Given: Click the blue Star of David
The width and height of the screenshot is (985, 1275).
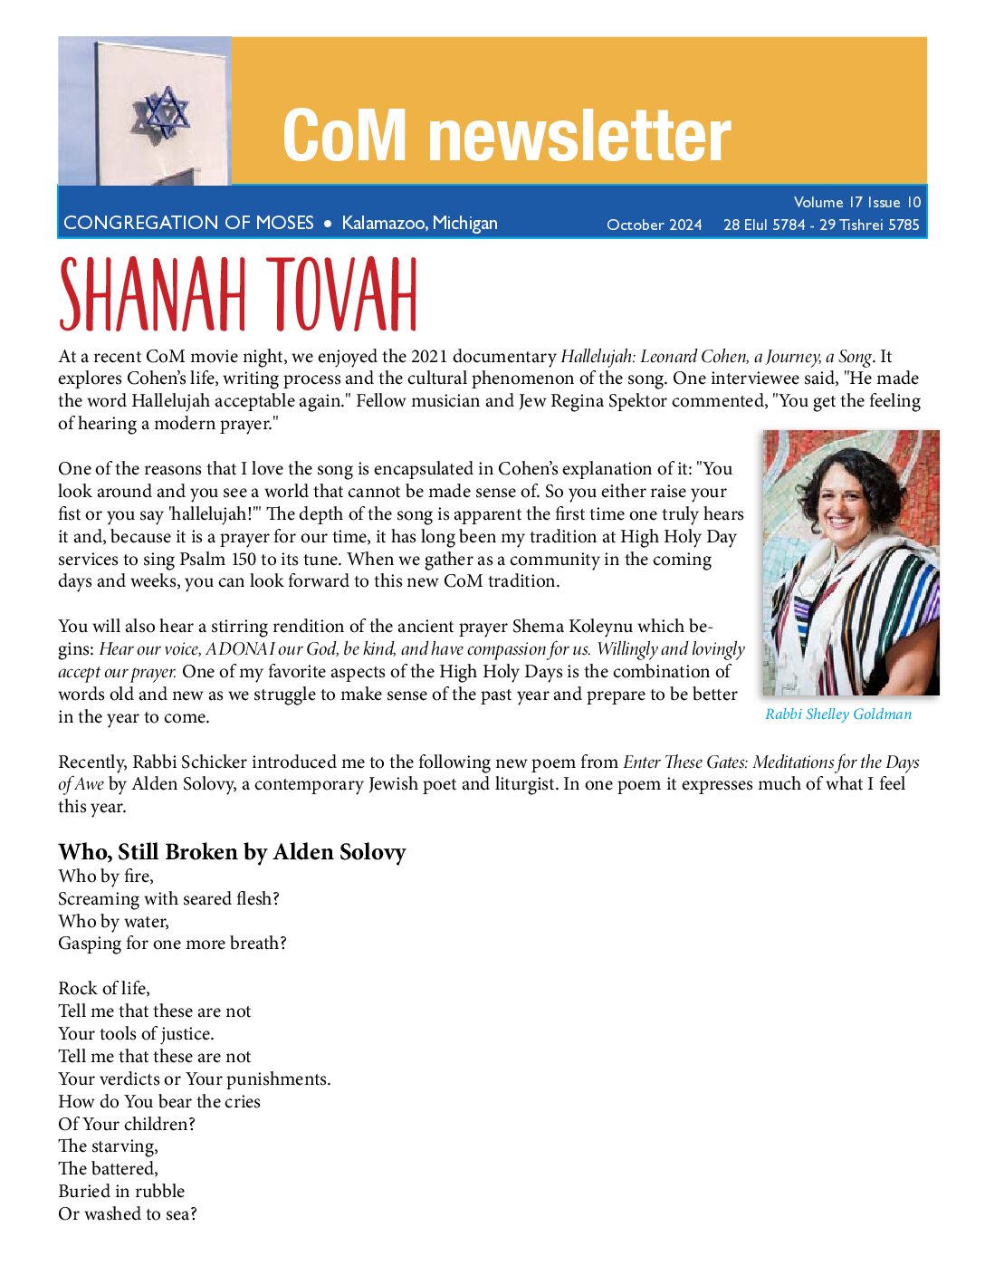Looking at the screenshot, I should (164, 112).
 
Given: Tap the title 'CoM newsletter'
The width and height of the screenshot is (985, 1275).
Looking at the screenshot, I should (506, 136).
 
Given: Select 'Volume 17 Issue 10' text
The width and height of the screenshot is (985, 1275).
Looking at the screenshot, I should (856, 202).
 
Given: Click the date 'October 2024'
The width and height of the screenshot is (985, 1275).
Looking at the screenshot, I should (654, 225).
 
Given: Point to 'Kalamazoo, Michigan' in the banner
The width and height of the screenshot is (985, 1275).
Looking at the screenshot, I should (419, 223).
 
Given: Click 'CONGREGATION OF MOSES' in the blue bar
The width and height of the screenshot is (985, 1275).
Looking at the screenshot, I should (188, 223).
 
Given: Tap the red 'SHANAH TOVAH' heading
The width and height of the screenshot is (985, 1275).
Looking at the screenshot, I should (238, 294).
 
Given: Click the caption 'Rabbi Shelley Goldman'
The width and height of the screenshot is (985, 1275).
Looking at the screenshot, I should (838, 714).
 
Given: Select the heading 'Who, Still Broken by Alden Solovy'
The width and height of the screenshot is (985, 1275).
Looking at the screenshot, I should (232, 852).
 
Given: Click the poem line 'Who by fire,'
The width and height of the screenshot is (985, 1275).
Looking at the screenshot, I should (106, 876).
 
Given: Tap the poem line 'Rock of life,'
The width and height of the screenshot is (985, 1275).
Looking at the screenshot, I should (104, 988).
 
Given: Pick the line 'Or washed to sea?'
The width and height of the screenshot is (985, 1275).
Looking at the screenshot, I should (128, 1213).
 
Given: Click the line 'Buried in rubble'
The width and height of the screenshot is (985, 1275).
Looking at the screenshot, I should (121, 1191).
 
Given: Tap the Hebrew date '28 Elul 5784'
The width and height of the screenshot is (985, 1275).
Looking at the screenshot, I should (763, 225).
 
